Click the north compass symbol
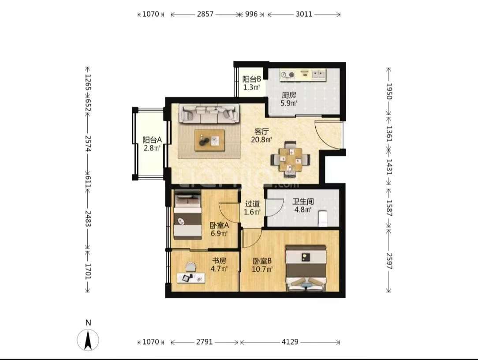pos(88,340)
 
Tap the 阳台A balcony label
pos(152,140)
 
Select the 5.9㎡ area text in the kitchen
pos(289,103)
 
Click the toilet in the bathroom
pos(322,218)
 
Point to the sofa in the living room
pos(209,114)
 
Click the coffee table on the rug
pos(210,140)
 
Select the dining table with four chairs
pos(291,159)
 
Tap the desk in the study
pos(191,277)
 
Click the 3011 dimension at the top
pos(304,14)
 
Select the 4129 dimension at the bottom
pos(290,342)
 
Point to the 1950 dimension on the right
pos(389,91)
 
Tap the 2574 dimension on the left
pos(88,143)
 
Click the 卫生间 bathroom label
pos(303,201)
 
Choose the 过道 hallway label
pos(252,203)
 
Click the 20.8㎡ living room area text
pos(261,140)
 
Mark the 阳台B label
pos(251,79)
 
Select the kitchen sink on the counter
pos(318,74)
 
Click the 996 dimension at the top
pos(251,14)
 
